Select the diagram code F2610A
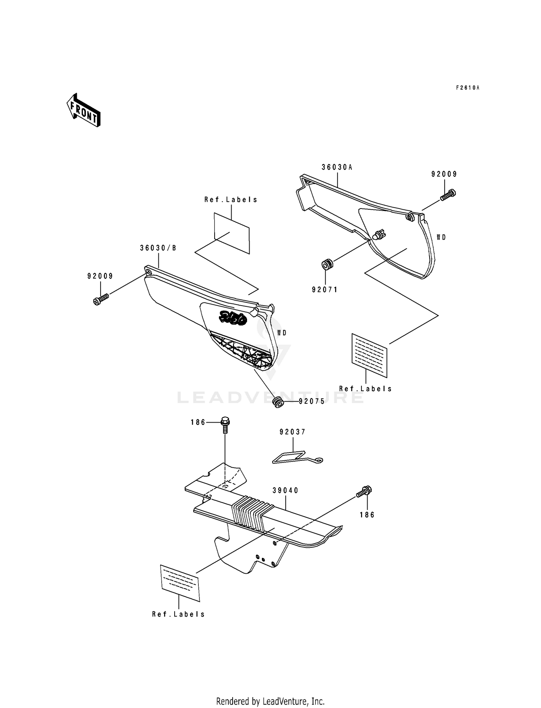pyautogui.click(x=467, y=88)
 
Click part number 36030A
pyautogui.click(x=337, y=167)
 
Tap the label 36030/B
pyautogui.click(x=158, y=248)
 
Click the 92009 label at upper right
pyautogui.click(x=444, y=174)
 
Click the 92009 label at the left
pyautogui.click(x=100, y=276)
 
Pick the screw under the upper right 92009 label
pyautogui.click(x=448, y=195)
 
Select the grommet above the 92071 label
pyautogui.click(x=327, y=265)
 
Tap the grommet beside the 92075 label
pyautogui.click(x=278, y=402)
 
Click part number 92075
pyautogui.click(x=312, y=401)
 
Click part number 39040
pyautogui.click(x=286, y=490)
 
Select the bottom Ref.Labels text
pyautogui.click(x=179, y=614)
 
